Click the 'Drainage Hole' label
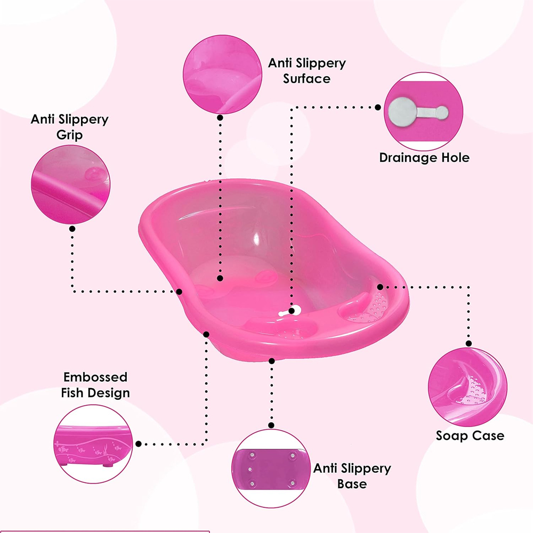424,158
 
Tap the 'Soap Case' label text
470,436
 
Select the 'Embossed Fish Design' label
95,385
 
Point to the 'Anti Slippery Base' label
352,476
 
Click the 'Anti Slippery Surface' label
307,71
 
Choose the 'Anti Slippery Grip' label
70,127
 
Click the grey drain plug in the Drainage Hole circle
418,111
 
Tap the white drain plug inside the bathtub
290,311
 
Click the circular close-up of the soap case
468,387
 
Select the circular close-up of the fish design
93,444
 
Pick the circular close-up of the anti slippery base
271,469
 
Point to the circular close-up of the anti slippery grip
71,184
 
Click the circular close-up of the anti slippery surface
222,74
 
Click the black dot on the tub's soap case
380,287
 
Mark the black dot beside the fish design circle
139,444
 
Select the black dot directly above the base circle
271,425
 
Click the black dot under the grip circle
72,229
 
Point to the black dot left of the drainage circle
378,108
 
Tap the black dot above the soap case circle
469,344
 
